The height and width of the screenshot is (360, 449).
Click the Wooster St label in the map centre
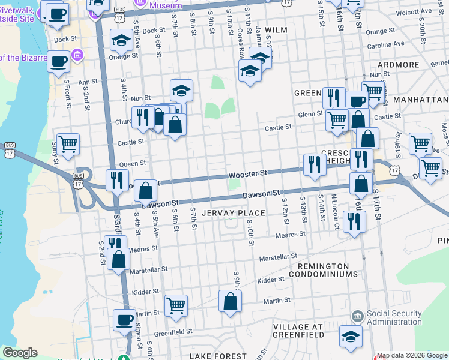pos(247,173)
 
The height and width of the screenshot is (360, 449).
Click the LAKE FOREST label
pos(218,356)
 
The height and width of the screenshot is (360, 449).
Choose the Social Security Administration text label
pos(403,318)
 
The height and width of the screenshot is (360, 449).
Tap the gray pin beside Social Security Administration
pos(357,316)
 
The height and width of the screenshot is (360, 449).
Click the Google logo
pos(20,353)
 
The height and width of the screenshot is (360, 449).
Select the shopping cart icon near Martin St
pos(176,305)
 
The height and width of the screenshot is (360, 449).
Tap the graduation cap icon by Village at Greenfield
pos(351,337)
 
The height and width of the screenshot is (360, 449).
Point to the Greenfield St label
pos(172,331)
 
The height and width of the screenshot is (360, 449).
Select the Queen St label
pos(133,163)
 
